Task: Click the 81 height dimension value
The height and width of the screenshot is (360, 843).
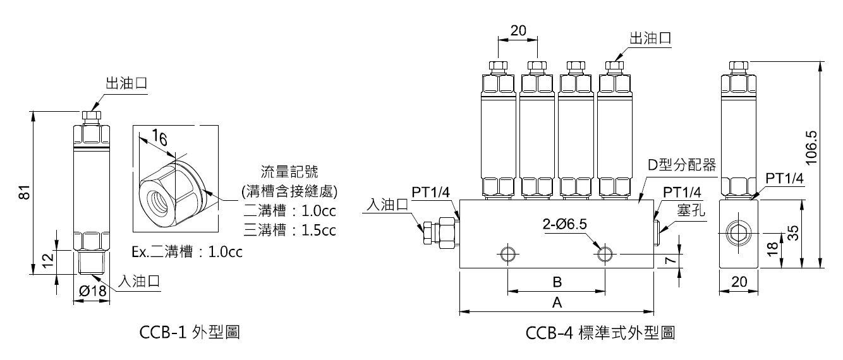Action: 24,192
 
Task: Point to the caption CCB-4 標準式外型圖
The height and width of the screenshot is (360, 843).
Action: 600,332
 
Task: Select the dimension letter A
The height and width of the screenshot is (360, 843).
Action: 557,303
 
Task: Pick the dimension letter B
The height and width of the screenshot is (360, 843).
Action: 557,282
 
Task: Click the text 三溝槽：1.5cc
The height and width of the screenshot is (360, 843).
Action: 289,230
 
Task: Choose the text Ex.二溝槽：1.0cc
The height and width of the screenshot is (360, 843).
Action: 187,253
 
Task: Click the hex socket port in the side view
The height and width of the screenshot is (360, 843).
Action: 737,233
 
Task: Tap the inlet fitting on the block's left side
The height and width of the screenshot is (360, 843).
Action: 435,231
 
